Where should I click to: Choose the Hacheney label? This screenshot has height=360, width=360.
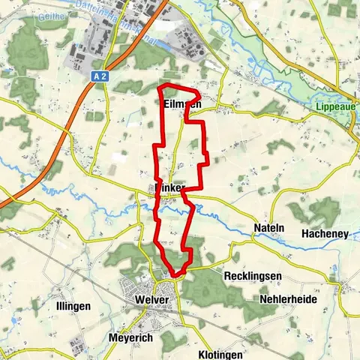(325, 234)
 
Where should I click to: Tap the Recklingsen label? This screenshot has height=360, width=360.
(253, 276)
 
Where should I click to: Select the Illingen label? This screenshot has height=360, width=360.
(73, 306)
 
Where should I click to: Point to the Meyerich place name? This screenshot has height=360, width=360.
(132, 337)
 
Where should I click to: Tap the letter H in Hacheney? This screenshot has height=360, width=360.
(304, 234)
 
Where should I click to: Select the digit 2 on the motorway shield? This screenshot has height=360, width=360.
(106, 76)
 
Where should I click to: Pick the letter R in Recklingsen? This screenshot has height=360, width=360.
(227, 276)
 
